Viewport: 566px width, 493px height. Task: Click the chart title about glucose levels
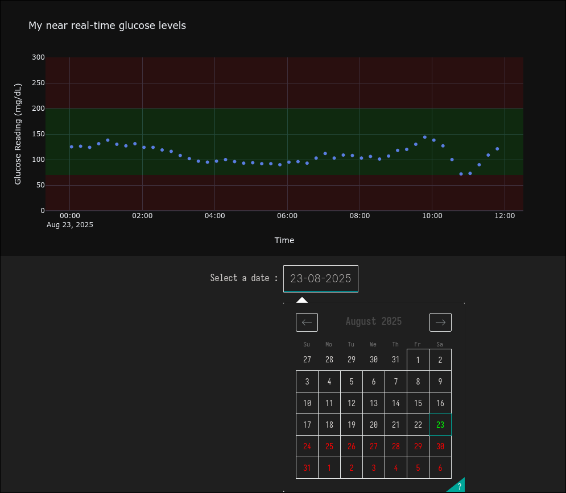[107, 26]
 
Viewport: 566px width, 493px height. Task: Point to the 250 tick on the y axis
[39, 83]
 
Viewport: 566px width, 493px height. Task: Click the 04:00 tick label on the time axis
[214, 216]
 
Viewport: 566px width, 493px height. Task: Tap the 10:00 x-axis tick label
[432, 216]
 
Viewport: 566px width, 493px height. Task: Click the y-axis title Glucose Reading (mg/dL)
[18, 134]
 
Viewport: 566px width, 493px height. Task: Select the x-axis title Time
[284, 240]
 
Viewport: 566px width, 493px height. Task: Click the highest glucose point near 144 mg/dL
[424, 137]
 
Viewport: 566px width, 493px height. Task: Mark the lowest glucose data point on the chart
[461, 174]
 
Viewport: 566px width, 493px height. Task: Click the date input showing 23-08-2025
[321, 278]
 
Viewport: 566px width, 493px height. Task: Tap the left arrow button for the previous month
[307, 322]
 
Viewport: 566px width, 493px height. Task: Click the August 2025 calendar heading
[374, 321]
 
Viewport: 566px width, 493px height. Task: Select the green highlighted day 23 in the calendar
[440, 424]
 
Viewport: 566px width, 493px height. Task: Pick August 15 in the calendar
[418, 403]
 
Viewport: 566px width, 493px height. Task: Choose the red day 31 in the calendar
[307, 468]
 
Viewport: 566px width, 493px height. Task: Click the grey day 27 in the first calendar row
[307, 360]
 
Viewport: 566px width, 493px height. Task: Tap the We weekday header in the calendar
[373, 344]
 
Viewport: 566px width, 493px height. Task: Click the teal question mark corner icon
[458, 486]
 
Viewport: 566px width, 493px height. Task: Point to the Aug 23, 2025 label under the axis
[70, 225]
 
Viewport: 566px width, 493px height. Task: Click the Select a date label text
[244, 278]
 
